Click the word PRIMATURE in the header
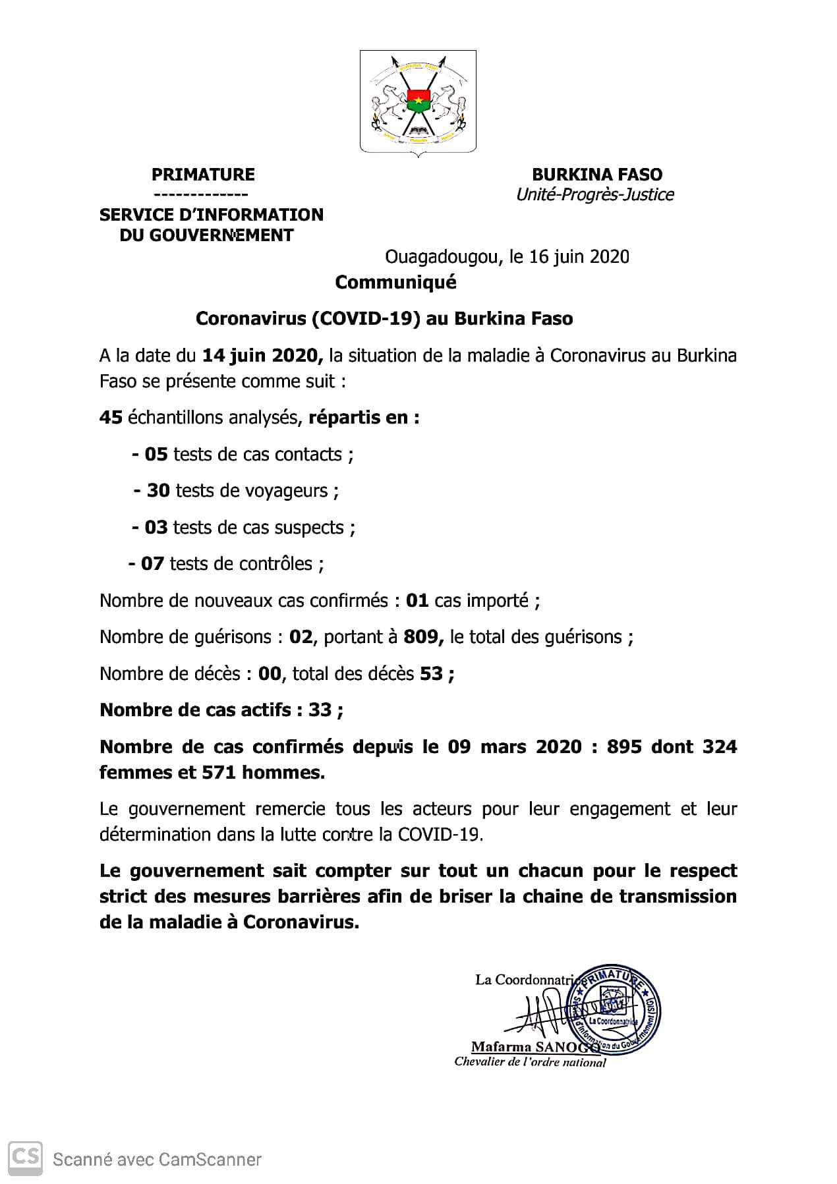click(203, 175)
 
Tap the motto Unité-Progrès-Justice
click(594, 195)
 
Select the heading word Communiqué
click(395, 283)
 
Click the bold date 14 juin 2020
click(262, 356)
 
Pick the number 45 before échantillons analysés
click(111, 418)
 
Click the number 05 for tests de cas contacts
click(156, 455)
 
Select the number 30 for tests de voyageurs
click(158, 491)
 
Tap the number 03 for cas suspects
click(156, 528)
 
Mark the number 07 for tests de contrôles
click(152, 564)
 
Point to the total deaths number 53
click(432, 674)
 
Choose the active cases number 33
click(320, 710)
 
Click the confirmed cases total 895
click(624, 747)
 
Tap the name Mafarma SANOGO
click(534, 1047)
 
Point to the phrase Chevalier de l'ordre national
click(530, 1062)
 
